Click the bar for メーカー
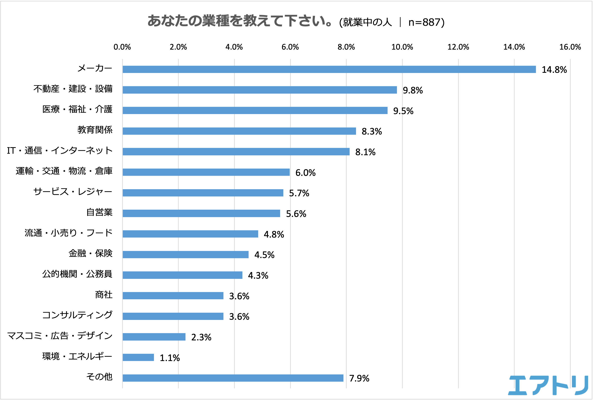[329, 69]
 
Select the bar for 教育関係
[239, 131]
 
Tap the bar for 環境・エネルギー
[138, 357]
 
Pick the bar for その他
[233, 378]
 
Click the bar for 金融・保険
[185, 255]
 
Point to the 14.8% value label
[554, 70]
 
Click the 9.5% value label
[403, 111]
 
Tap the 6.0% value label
[305, 173]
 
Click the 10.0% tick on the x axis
[402, 47]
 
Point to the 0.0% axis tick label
[122, 47]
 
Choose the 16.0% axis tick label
[570, 47]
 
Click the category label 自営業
[99, 212]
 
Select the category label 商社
[104, 295]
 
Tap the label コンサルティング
[77, 315]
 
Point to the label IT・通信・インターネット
[60, 151]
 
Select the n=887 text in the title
[426, 22]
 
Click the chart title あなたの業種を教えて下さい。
[240, 21]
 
